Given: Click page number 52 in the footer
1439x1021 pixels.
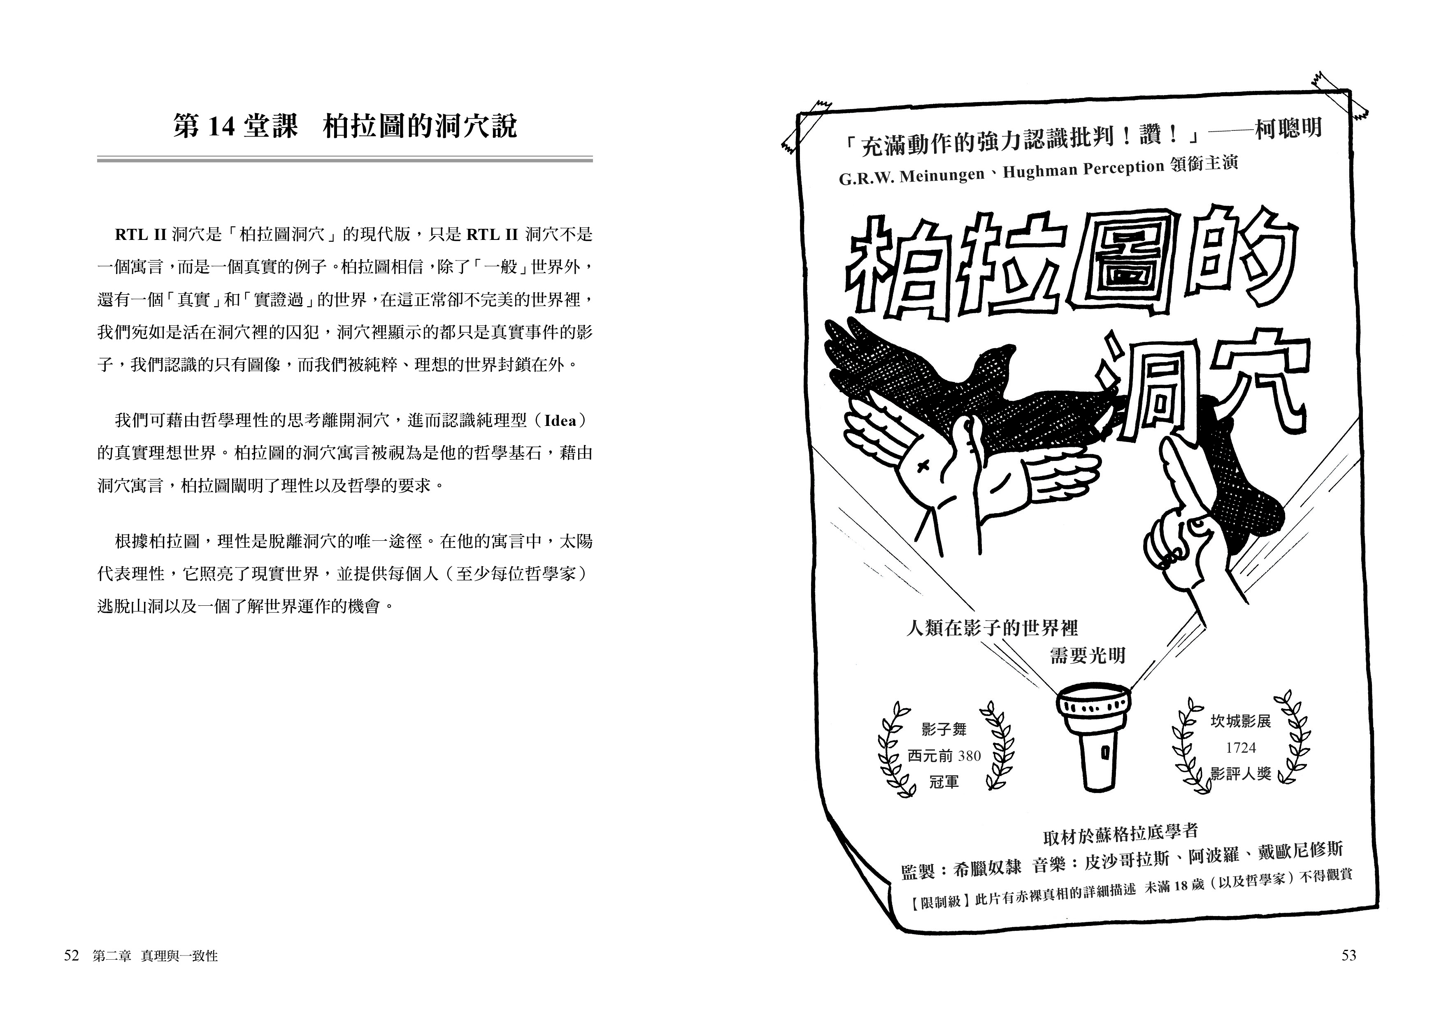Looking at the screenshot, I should tap(72, 956).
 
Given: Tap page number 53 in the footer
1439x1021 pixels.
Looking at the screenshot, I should tap(1348, 956).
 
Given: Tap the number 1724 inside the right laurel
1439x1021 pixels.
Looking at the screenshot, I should tap(1241, 747).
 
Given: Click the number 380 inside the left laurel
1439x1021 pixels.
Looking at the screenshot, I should tap(969, 756).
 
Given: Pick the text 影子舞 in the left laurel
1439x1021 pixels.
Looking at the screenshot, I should tap(944, 729).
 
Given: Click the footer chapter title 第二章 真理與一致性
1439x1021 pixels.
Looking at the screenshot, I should tap(155, 956).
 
